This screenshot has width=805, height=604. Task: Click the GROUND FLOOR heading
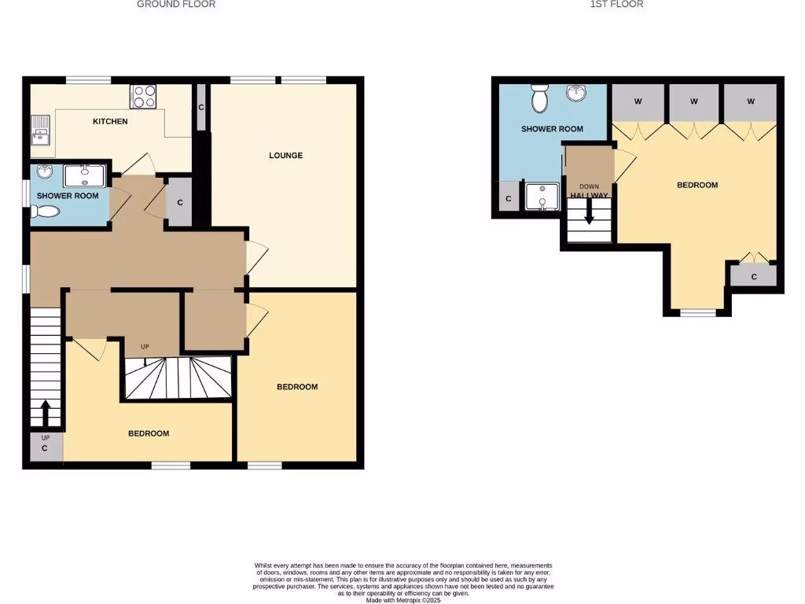click(x=176, y=4)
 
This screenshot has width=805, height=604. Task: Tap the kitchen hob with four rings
click(x=144, y=96)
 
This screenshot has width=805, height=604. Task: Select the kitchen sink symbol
click(x=39, y=129)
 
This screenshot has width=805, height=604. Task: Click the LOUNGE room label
click(x=285, y=156)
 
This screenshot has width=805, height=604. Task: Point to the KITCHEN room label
click(x=110, y=121)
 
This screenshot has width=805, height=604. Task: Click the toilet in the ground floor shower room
click(x=46, y=211)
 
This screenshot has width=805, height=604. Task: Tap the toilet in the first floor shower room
click(x=540, y=99)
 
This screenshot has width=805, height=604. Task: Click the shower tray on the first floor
click(x=542, y=197)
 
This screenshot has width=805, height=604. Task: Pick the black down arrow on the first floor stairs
click(x=589, y=215)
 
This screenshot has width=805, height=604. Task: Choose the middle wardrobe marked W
click(x=694, y=101)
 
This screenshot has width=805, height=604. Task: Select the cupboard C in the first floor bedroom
click(x=754, y=276)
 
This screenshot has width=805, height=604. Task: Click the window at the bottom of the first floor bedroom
click(x=698, y=313)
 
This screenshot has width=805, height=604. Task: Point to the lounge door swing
click(x=257, y=257)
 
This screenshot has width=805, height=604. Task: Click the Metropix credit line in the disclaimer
click(x=402, y=599)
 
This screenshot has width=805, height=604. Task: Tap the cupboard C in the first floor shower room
click(x=509, y=199)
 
